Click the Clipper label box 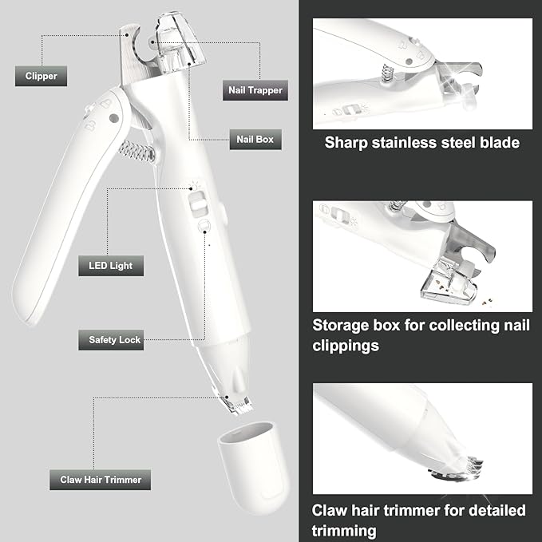41,77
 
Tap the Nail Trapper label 253,90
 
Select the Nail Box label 255,139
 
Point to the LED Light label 111,265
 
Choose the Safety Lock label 114,339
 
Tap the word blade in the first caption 500,144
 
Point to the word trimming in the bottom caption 345,530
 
